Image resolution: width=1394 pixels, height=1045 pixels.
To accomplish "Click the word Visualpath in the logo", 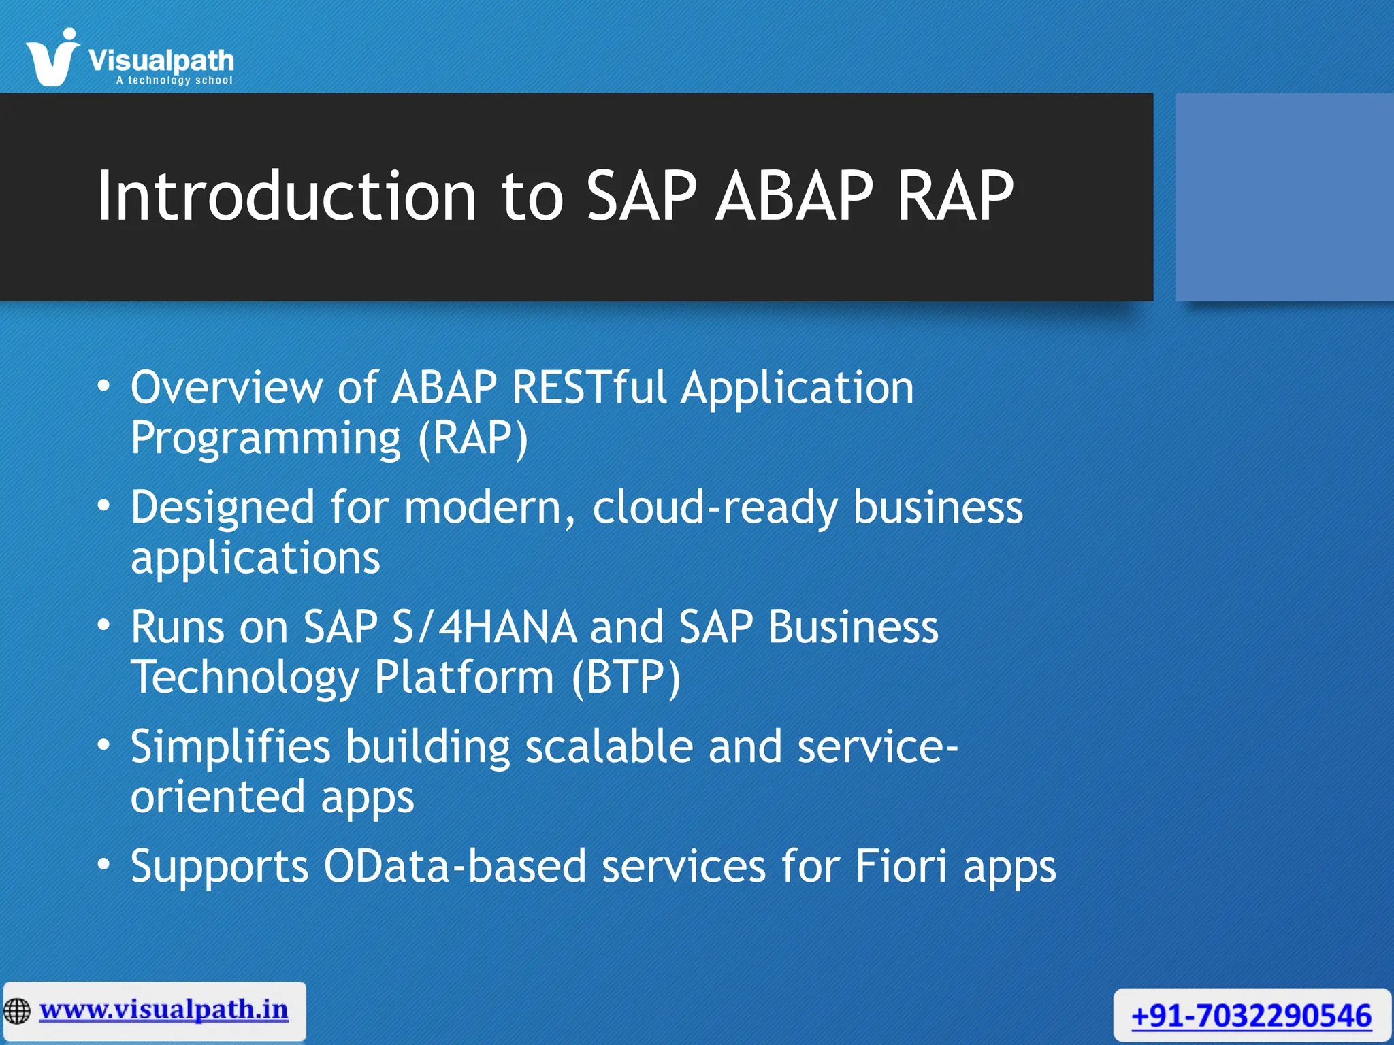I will (161, 61).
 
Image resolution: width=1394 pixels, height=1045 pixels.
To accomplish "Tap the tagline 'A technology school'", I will (174, 80).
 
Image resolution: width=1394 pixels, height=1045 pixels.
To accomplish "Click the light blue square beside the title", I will (1284, 197).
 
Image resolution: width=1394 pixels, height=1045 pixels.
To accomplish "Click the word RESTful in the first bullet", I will (589, 388).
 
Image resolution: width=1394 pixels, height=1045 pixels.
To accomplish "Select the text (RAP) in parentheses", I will (472, 438).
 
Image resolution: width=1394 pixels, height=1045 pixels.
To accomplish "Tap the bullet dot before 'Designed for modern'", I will (103, 506).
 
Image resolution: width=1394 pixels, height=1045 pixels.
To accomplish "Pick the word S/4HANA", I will (485, 627).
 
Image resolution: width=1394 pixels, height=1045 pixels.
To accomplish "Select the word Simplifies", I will (230, 746).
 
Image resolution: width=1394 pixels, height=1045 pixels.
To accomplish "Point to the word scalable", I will (609, 746).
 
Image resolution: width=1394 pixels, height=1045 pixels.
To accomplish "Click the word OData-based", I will (454, 866).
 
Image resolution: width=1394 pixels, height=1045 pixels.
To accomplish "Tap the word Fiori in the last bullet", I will (900, 866).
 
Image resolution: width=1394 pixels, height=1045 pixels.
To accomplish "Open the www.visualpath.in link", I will (164, 1010).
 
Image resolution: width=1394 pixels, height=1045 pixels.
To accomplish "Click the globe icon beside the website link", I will (18, 1011).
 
